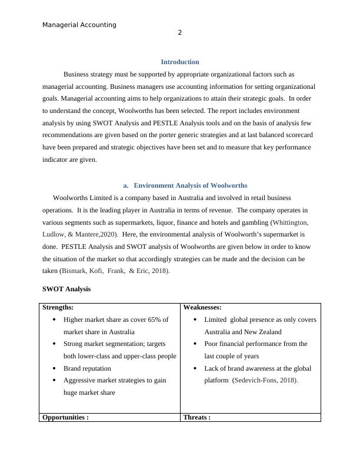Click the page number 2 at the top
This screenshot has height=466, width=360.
pyautogui.click(x=179, y=33)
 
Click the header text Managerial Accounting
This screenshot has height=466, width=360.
pyautogui.click(x=79, y=25)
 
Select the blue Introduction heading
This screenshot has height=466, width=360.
pyautogui.click(x=179, y=62)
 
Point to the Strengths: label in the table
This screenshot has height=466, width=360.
pyautogui.click(x=58, y=307)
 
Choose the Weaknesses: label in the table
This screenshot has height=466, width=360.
pyautogui.click(x=204, y=307)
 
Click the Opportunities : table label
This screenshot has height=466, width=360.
pyautogui.click(x=65, y=417)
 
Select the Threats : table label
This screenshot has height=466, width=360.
pyautogui.click(x=197, y=417)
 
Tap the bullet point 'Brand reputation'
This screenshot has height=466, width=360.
pyautogui.click(x=87, y=368)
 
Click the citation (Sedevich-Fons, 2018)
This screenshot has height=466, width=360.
pyautogui.click(x=265, y=380)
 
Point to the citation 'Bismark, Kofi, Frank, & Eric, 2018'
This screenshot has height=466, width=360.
pyautogui.click(x=114, y=271)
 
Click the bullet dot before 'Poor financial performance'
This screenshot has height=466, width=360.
pyautogui.click(x=196, y=344)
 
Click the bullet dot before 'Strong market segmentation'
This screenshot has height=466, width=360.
pyautogui.click(x=55, y=344)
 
